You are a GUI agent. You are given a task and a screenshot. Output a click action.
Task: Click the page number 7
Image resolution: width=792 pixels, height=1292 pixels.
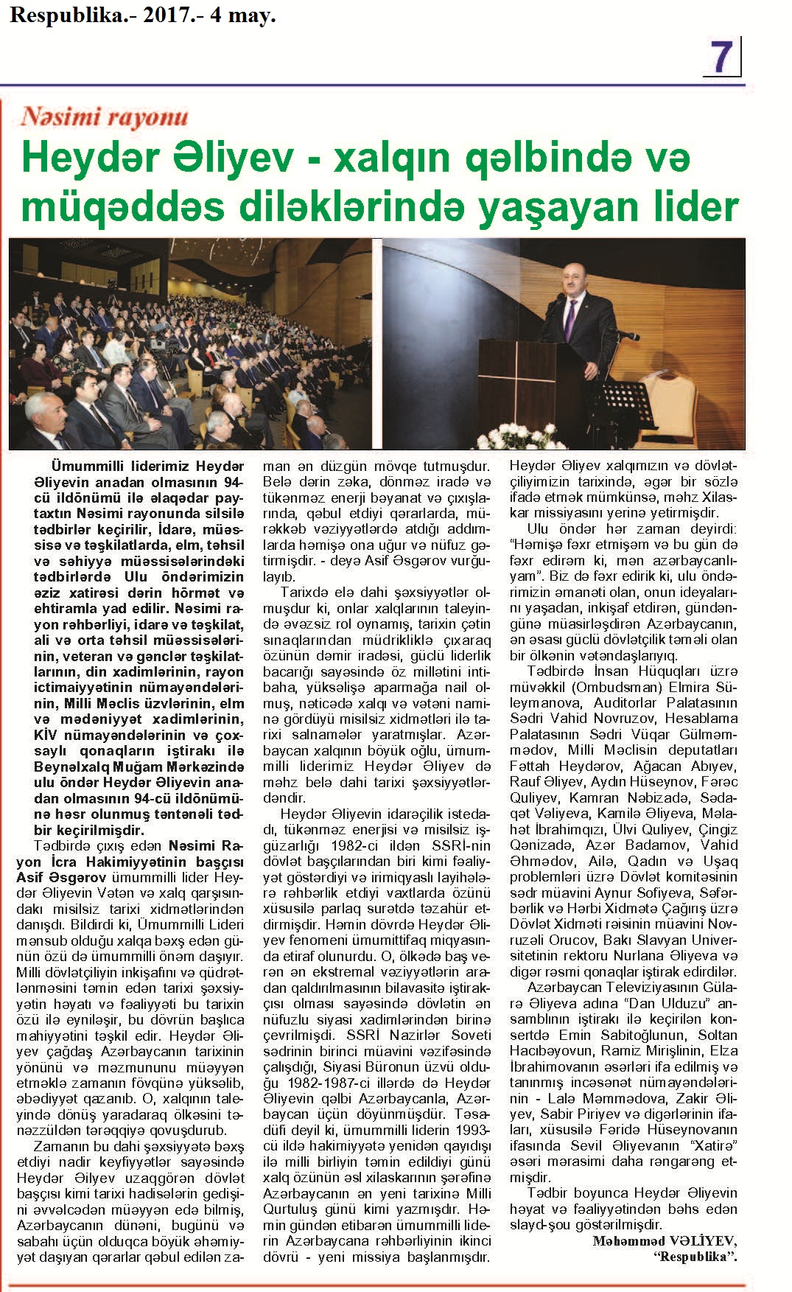(722, 57)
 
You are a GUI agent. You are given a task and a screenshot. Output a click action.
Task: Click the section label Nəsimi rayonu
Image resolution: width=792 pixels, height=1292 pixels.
(105, 116)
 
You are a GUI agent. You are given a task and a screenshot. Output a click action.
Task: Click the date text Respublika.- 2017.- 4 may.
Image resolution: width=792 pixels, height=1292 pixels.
(142, 15)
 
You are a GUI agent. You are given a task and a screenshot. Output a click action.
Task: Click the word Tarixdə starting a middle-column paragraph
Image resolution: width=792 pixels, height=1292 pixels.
(306, 593)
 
